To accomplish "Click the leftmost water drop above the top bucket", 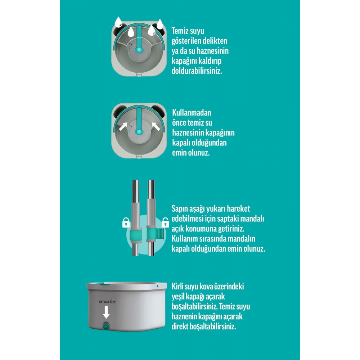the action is [118, 22].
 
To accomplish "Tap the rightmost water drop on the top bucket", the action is [160, 24].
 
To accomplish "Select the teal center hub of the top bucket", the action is [139, 50].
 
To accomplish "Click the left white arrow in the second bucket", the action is [123, 126].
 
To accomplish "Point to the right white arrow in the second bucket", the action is [156, 126].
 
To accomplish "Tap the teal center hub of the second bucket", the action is [139, 132].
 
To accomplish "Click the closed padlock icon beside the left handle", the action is [126, 222].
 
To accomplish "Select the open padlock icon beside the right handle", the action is [165, 222].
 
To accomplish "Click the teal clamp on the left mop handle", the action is [136, 235].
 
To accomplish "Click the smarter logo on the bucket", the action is [107, 301].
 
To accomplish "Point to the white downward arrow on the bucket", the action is [106, 312].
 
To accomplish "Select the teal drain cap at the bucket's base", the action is [106, 326].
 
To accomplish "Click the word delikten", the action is [215, 41].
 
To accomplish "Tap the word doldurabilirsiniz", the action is [197, 71].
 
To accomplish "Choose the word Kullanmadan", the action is [192, 113].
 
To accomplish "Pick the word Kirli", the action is [178, 287].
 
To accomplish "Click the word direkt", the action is [179, 327].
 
